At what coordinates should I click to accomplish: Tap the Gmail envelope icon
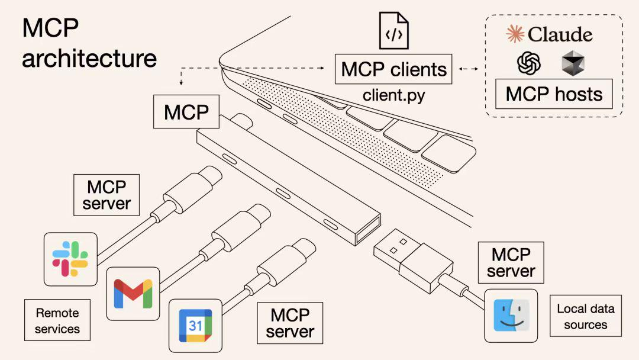[133, 294]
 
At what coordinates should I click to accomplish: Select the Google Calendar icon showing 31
[196, 325]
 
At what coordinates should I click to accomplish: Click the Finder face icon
[511, 316]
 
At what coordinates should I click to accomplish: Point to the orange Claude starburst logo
[515, 34]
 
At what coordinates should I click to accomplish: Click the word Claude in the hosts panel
[560, 34]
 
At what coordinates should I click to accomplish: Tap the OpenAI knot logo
[529, 63]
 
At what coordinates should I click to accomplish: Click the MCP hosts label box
[554, 94]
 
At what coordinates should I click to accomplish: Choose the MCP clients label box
[394, 69]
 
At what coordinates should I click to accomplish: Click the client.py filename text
[394, 95]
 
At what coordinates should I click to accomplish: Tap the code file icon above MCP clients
[394, 31]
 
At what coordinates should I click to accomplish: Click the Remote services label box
[57, 320]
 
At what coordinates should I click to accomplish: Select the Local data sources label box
[585, 316]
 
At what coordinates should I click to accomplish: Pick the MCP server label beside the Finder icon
[511, 262]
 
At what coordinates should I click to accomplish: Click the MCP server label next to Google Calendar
[290, 323]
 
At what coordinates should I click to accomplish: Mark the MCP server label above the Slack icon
[106, 195]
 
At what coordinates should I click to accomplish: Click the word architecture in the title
[89, 59]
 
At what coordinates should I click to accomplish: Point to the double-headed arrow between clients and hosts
[469, 69]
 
